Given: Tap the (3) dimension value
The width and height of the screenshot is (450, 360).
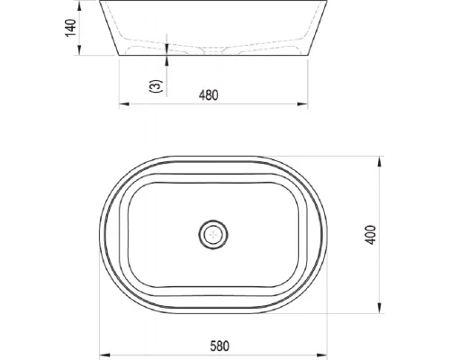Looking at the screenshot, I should click(x=156, y=86).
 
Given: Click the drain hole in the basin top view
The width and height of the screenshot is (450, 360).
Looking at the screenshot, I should click(x=213, y=234).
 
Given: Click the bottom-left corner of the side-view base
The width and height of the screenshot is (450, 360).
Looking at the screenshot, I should click(x=120, y=56).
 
